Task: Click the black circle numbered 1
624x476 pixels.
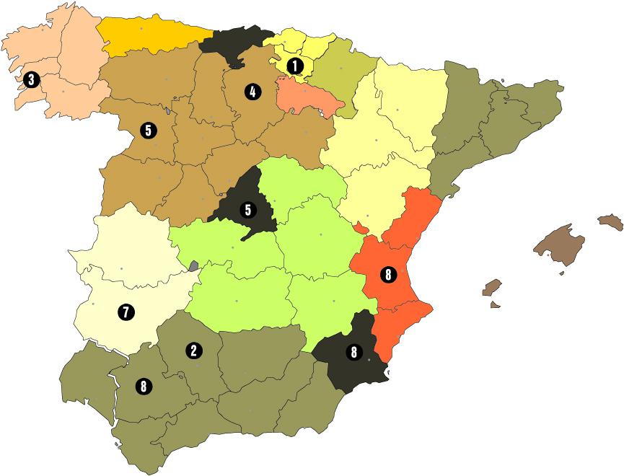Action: coord(294,66)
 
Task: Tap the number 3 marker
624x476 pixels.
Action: coord(31,79)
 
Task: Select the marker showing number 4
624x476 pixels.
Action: coord(252,92)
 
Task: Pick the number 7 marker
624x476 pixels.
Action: coord(126,312)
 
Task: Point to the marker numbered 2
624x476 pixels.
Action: coord(193,351)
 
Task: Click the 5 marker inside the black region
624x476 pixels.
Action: coord(248,211)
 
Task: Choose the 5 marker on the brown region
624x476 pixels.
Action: coord(148,131)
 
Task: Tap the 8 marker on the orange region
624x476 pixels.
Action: coord(388,275)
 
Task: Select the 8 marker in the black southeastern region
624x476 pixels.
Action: coord(353,353)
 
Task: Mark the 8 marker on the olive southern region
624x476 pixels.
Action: coord(144,387)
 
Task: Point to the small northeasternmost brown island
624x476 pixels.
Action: coord(610,221)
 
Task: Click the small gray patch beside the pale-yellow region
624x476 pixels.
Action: coord(193,266)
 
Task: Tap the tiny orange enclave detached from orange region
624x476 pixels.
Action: coord(360,228)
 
